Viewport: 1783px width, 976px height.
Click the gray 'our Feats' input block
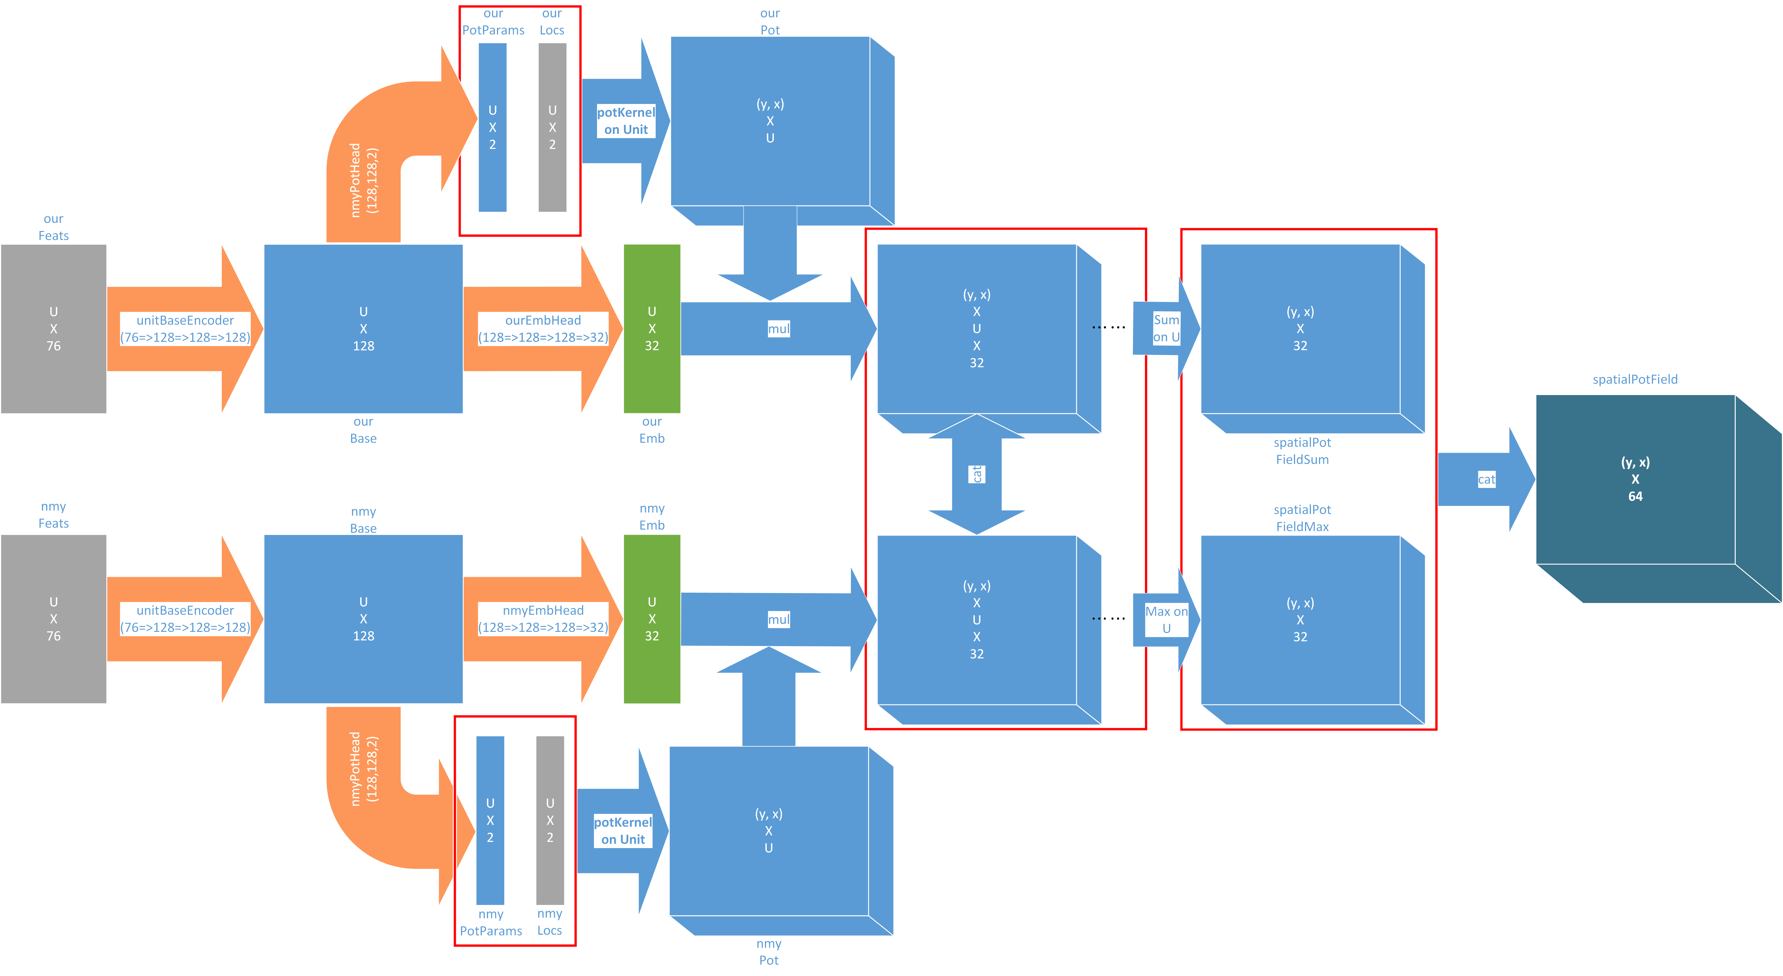[x=53, y=329]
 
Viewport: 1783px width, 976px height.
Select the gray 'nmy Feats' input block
[x=53, y=619]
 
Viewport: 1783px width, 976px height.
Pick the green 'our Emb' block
[x=651, y=329]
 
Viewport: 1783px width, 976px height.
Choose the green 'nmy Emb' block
[x=651, y=619]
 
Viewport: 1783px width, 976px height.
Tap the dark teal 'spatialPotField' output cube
[x=1635, y=479]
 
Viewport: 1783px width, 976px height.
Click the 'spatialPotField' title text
[x=1635, y=379]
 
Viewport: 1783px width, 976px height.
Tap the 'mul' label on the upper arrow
[x=779, y=329]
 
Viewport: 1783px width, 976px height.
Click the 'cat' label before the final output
[x=1486, y=479]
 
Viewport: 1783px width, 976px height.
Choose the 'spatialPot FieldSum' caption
[x=1302, y=451]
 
